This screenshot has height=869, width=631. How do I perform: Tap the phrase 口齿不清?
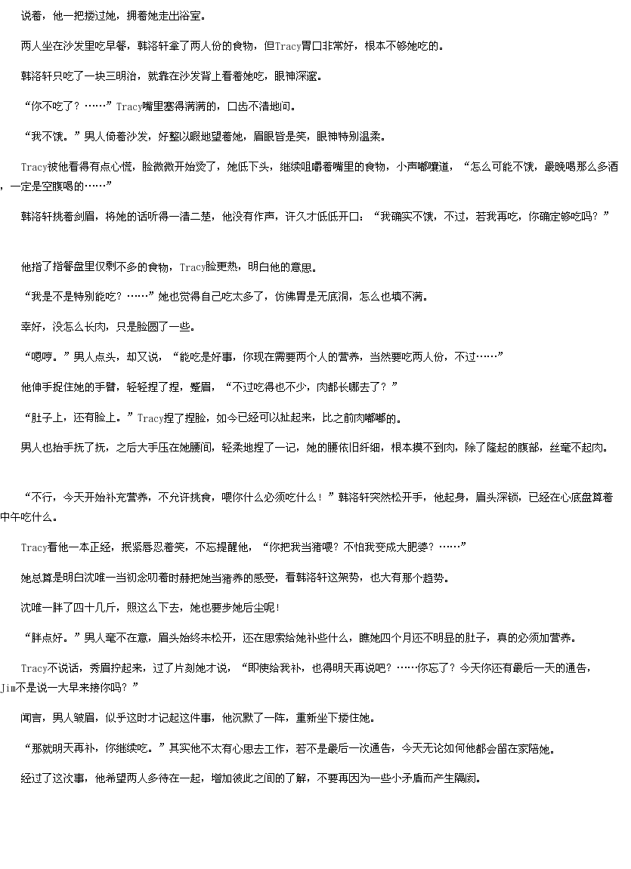(248, 106)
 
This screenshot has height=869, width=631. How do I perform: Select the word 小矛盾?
(396, 778)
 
